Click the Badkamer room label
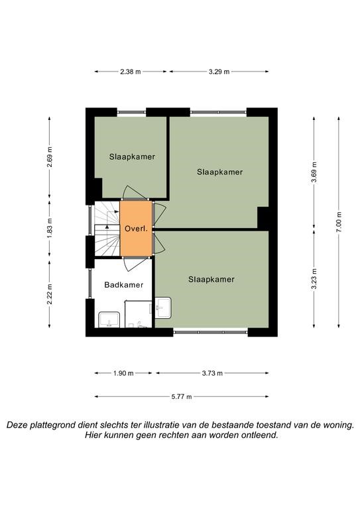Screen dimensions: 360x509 click(x=124, y=285)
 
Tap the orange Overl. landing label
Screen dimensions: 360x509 click(x=137, y=229)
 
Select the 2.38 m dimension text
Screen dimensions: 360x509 click(x=131, y=72)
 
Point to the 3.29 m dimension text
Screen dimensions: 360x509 click(x=219, y=72)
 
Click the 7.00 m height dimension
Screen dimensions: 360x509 click(x=339, y=222)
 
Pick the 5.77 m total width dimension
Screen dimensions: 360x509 click(x=182, y=397)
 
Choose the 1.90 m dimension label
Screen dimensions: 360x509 click(x=123, y=373)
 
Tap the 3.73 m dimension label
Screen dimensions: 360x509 click(x=212, y=373)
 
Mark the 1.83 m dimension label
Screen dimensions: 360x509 click(x=49, y=228)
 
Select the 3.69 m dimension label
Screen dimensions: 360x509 click(x=314, y=172)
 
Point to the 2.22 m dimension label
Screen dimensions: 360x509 click(x=49, y=294)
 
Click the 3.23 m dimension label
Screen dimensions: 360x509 click(x=314, y=279)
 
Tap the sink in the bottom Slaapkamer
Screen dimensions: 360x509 click(x=163, y=308)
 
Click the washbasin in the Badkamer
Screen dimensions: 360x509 click(x=109, y=319)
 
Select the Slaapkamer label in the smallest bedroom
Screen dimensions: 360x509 click(x=132, y=157)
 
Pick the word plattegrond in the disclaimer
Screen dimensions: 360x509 click(x=54, y=425)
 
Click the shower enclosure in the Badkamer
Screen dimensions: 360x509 click(x=139, y=314)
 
